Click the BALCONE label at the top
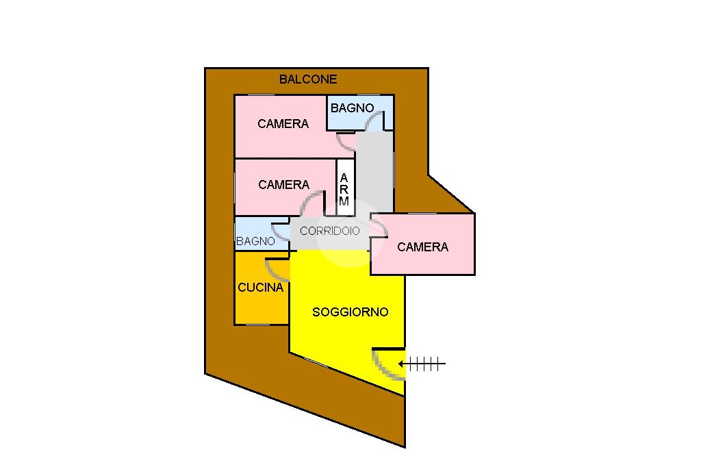coord(308,79)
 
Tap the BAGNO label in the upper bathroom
coord(352,108)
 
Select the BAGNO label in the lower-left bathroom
coord(255,242)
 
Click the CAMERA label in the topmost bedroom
coord(283,124)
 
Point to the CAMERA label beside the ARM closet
coord(283,185)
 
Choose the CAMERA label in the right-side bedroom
coord(422,247)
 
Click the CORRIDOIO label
coord(329,231)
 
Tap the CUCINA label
coord(260,288)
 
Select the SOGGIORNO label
coord(350,312)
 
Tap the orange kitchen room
coord(261,305)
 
